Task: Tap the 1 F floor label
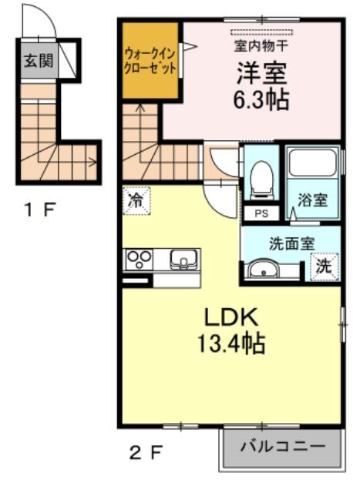(x=41, y=210)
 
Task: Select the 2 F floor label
(x=146, y=452)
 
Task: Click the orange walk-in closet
(x=150, y=60)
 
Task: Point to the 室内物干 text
(x=261, y=46)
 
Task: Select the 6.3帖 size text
(x=261, y=99)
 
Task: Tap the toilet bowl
(x=262, y=179)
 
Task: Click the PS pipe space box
(x=261, y=213)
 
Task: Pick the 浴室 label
(x=312, y=200)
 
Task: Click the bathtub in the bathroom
(x=312, y=163)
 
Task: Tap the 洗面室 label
(x=291, y=243)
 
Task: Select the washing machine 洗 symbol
(x=324, y=267)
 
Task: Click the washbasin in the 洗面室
(x=263, y=269)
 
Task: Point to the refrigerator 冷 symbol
(x=136, y=201)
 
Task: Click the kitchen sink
(x=183, y=260)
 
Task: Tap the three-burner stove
(x=140, y=260)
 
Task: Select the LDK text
(x=231, y=317)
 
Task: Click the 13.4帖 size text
(x=231, y=344)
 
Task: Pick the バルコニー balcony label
(x=282, y=447)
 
